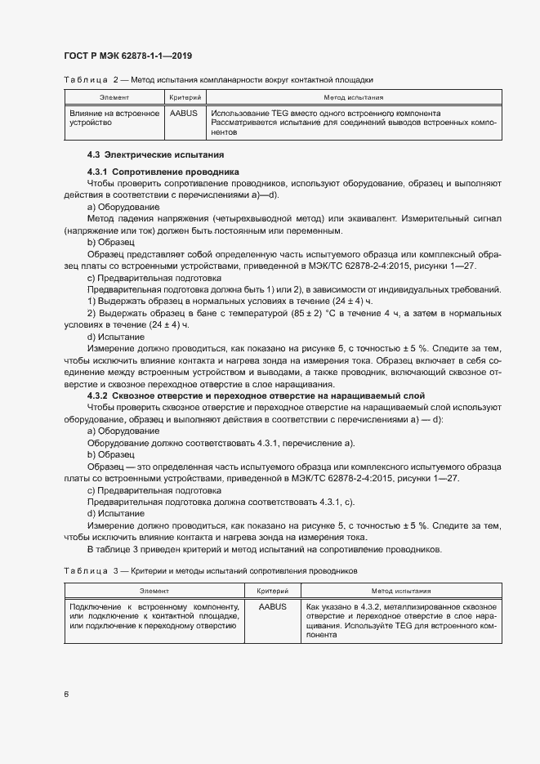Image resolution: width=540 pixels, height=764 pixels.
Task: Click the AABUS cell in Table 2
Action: pos(184,114)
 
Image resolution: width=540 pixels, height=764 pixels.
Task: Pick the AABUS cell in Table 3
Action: pos(272,607)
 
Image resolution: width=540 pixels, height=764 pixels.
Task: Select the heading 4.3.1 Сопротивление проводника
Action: pos(163,172)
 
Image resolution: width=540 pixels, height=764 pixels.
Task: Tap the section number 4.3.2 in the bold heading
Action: pos(98,395)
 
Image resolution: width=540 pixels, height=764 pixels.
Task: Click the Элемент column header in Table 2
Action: pos(114,97)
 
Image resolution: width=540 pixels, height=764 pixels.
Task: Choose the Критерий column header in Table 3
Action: pos(272,590)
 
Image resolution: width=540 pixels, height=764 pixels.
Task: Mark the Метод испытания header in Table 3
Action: pos(401,590)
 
